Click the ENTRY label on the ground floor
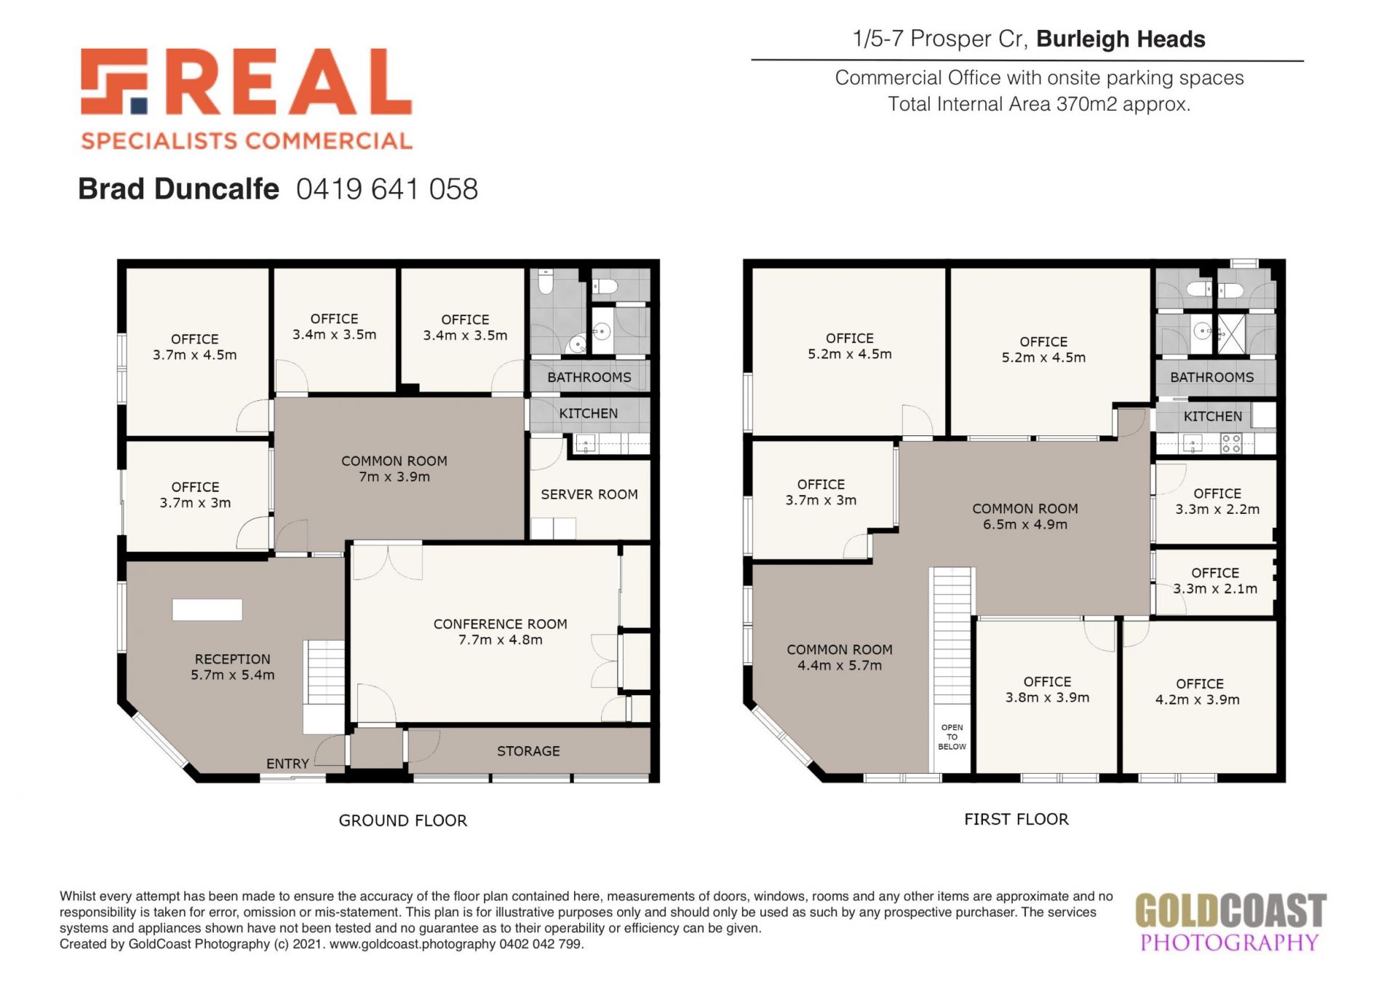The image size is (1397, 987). (287, 764)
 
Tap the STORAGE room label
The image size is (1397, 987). (528, 751)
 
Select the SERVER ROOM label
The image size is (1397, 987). (589, 494)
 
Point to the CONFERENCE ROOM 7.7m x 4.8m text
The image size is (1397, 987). (501, 632)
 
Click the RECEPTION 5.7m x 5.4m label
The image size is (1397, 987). (233, 667)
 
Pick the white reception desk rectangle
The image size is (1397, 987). (207, 610)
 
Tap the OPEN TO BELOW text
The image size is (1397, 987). (952, 737)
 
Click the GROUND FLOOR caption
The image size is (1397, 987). (403, 820)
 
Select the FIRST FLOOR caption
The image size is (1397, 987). (1016, 819)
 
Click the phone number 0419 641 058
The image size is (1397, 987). (387, 189)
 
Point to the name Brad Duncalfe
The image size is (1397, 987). (178, 189)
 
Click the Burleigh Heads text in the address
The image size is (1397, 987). (1121, 39)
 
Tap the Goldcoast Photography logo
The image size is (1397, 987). (1230, 923)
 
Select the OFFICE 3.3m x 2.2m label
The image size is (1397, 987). (1217, 502)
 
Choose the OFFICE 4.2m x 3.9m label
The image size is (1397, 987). (1198, 691)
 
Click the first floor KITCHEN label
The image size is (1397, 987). (1213, 416)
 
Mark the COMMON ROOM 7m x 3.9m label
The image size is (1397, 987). (394, 469)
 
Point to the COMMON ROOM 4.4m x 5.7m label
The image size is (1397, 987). (840, 657)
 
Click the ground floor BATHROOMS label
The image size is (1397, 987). (589, 377)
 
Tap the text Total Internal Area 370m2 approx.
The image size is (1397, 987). (1039, 104)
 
